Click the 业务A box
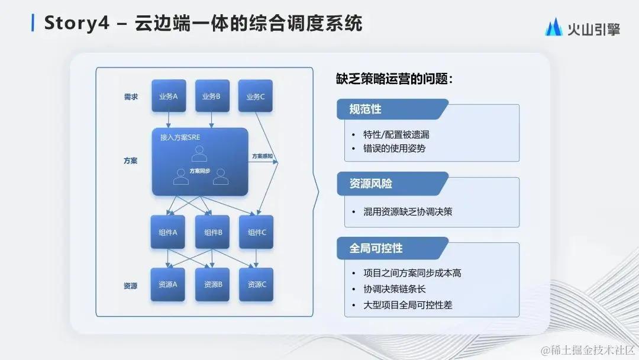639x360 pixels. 169,96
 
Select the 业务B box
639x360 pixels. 212,96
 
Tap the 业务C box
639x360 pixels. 256,96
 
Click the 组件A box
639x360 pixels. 169,232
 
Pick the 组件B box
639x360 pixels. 212,232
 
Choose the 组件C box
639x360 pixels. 256,232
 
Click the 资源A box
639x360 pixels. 168,284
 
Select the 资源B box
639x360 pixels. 212,284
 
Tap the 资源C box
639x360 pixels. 256,284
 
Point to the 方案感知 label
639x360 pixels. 262,156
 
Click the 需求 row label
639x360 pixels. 131,97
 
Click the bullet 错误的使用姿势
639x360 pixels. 394,148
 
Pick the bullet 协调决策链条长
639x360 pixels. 394,289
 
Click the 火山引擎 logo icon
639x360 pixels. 555,28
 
